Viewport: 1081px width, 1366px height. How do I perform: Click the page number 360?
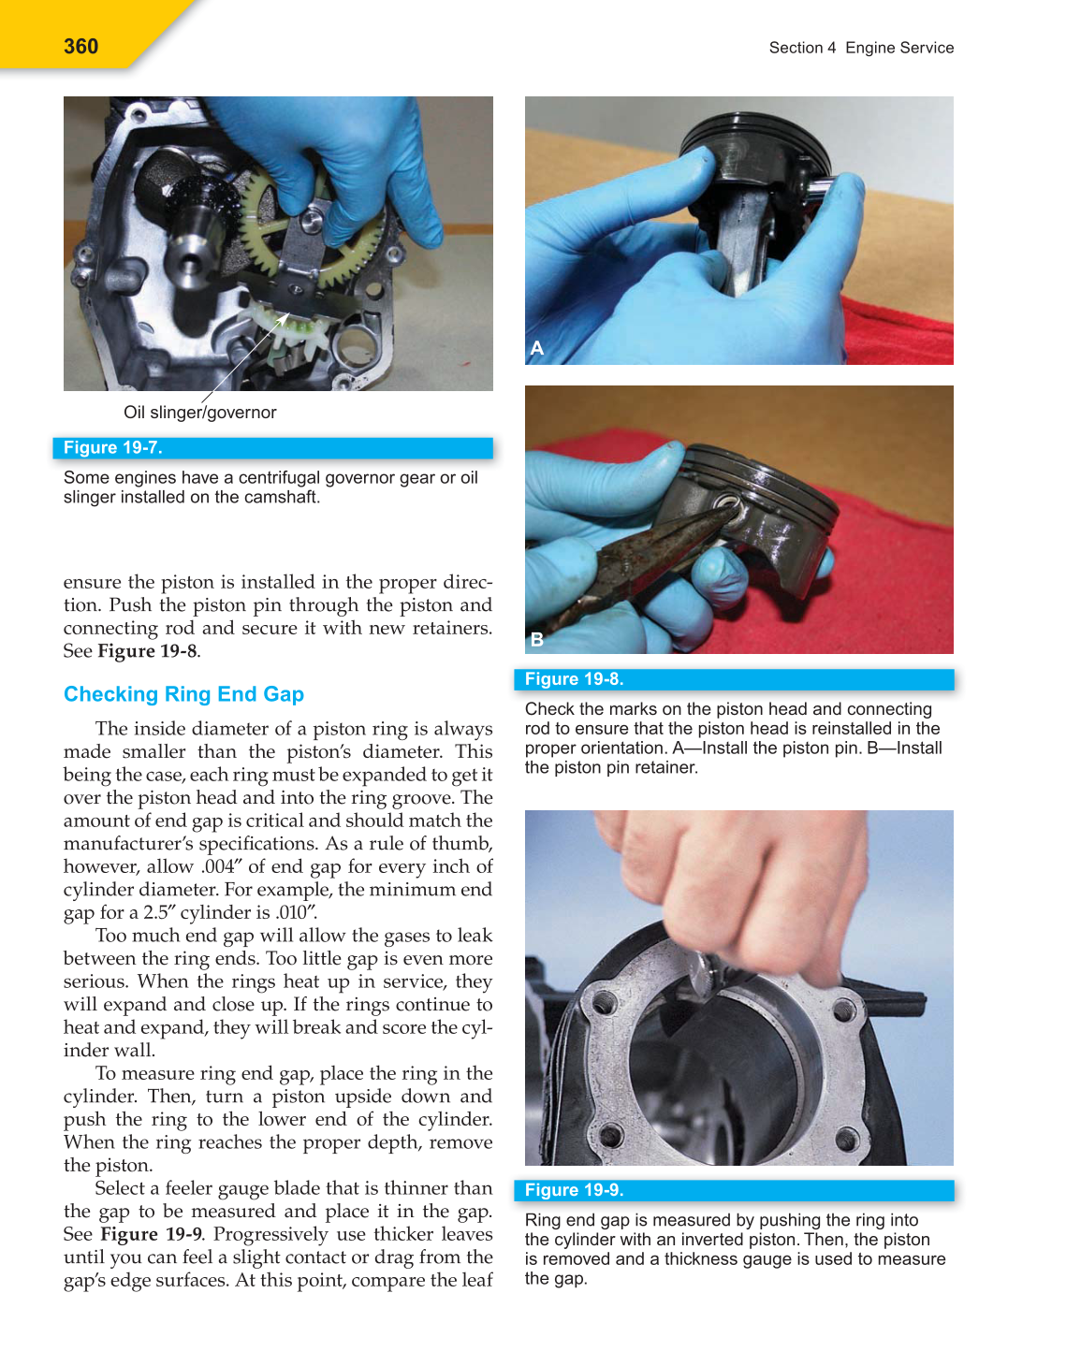pos(80,47)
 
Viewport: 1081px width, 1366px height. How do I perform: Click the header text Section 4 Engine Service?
pos(861,48)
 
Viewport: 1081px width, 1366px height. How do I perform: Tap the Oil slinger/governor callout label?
pos(199,413)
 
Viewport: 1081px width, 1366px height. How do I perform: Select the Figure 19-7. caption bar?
pos(272,448)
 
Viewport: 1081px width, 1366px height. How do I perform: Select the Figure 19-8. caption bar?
pos(734,679)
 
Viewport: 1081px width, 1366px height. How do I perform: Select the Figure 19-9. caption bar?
pos(734,1190)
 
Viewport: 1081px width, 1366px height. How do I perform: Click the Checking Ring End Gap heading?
pos(183,694)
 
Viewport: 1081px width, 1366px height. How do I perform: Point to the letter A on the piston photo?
pos(537,348)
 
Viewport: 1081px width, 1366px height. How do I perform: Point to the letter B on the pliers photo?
pos(537,639)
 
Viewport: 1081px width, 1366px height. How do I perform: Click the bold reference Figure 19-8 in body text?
pos(148,651)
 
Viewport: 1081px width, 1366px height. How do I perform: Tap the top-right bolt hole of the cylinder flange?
pos(843,1010)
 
